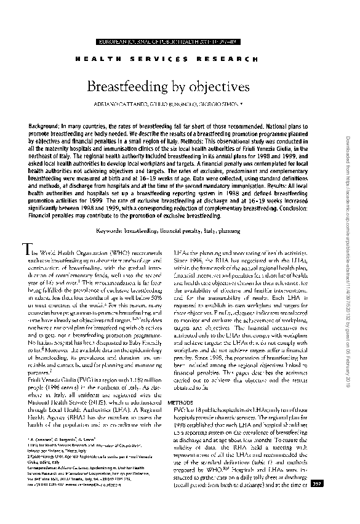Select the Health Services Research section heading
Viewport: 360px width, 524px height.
click(x=175, y=58)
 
